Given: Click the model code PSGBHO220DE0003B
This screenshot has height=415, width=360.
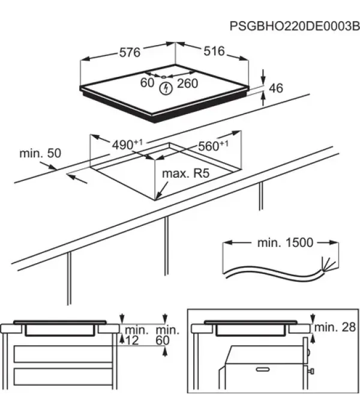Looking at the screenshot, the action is click(295, 26).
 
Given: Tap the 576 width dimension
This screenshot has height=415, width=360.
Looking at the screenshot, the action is click(130, 52).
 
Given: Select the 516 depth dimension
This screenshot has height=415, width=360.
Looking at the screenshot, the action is click(214, 51).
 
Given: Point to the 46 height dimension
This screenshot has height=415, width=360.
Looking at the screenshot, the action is click(276, 88).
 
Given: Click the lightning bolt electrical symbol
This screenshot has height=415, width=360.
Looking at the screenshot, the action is click(166, 88).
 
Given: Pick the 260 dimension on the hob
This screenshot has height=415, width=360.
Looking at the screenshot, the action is click(187, 83).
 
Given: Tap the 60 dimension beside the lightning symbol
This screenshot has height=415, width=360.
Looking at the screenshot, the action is click(147, 82).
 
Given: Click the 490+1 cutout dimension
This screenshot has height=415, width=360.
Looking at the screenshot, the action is click(127, 145).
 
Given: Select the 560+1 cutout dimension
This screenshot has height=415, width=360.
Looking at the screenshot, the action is click(213, 146).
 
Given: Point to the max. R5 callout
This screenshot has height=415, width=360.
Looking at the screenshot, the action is click(185, 174).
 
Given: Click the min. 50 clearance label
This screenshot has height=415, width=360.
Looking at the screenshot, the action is click(40, 153).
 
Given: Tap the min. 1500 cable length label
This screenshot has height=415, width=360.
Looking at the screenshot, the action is click(285, 243).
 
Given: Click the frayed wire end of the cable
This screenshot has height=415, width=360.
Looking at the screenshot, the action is click(328, 265).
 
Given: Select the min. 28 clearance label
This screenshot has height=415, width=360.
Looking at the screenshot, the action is click(335, 327).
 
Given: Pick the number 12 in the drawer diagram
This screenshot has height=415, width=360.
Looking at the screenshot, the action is click(131, 341).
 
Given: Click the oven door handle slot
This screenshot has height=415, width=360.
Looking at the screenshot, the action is click(263, 369).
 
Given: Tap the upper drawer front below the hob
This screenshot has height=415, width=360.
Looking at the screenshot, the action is click(63, 354).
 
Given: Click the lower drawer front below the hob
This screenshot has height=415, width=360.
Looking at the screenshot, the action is click(63, 377).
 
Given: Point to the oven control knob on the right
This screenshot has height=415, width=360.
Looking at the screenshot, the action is click(311, 371).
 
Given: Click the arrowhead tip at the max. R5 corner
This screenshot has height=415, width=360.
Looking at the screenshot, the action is click(155, 199).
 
